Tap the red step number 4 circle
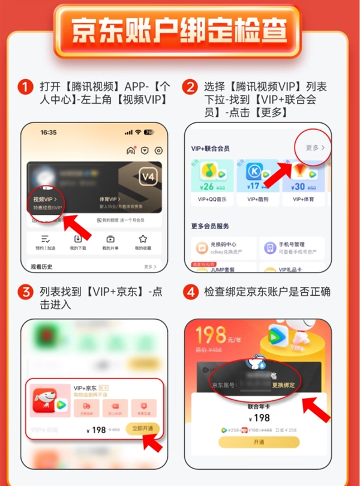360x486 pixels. [191, 293]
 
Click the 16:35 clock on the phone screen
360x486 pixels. [49, 132]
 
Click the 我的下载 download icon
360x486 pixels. [77, 239]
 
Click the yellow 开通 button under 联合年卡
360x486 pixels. [258, 442]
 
